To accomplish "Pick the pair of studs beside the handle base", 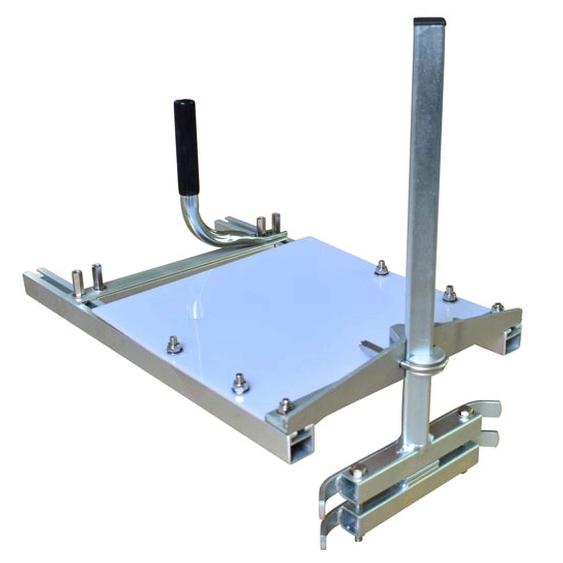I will click(x=267, y=224).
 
